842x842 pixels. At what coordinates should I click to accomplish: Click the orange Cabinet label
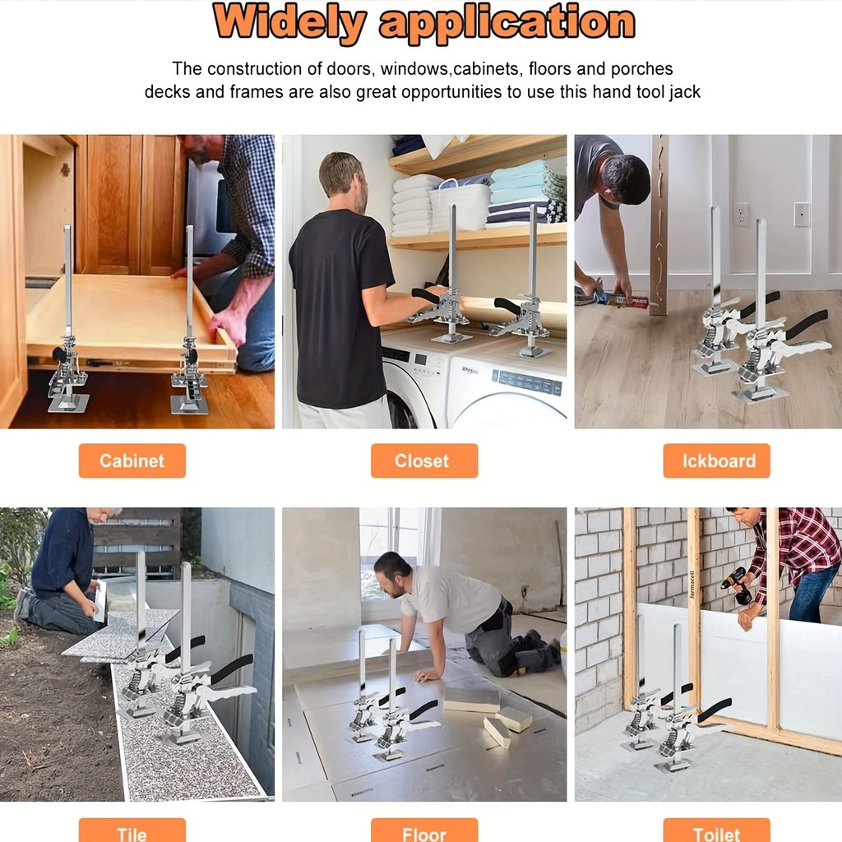[132, 460]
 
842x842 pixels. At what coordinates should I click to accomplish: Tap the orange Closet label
[424, 460]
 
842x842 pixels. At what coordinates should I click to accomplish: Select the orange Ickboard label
[716, 460]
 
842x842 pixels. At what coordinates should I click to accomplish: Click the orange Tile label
[132, 830]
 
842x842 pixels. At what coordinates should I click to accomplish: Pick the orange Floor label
[424, 830]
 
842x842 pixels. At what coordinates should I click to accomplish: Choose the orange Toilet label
[716, 830]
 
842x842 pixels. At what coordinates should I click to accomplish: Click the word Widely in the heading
[290, 22]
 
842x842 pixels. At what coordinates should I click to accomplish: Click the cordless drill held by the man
[736, 585]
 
